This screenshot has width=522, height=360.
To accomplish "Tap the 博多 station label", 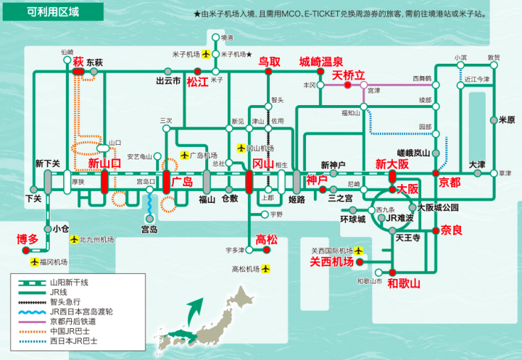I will point(28,239).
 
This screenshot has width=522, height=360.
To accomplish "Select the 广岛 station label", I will point(182,182).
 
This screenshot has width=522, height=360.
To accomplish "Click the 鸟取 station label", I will point(269,62).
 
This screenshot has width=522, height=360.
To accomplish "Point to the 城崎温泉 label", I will point(321,62).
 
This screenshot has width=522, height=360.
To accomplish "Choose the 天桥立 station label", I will point(349,75).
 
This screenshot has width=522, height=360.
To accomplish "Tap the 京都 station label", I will point(449,182).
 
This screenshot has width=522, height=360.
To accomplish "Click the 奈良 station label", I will point(451,230).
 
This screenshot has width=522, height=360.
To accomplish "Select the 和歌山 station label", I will point(404,283).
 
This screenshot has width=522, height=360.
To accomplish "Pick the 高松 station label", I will point(267,238).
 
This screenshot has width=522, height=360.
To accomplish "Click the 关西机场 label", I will point(332,261).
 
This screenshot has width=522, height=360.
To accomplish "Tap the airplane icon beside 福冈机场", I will point(35,261).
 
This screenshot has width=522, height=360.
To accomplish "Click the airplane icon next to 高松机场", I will point(265,269).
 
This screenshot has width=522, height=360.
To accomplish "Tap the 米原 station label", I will point(506,120).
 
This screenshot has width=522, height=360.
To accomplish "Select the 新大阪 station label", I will point(392,165).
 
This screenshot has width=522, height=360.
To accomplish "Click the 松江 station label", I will point(197,82).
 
